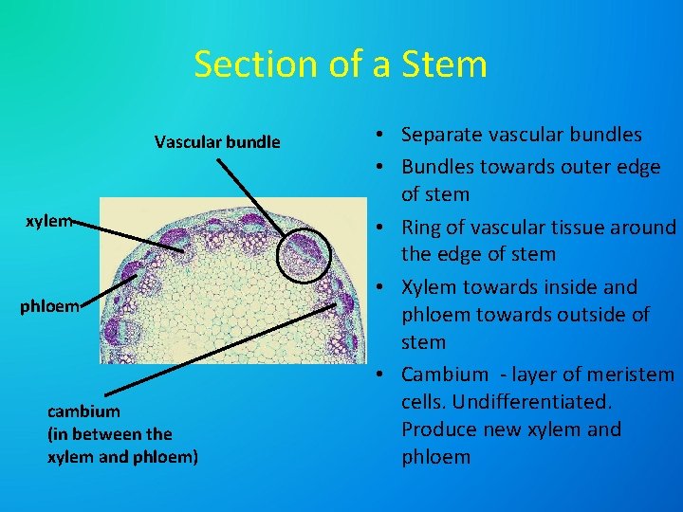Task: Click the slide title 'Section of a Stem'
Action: (341, 64)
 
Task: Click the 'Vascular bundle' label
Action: (217, 142)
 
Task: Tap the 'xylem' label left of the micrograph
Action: (49, 221)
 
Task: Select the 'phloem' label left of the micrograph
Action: (50, 307)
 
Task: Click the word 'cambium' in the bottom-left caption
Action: (83, 411)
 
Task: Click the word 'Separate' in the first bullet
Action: (441, 135)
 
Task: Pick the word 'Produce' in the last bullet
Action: (439, 430)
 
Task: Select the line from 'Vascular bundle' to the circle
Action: (251, 195)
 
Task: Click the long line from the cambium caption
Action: (218, 351)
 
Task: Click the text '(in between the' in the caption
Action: (109, 434)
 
